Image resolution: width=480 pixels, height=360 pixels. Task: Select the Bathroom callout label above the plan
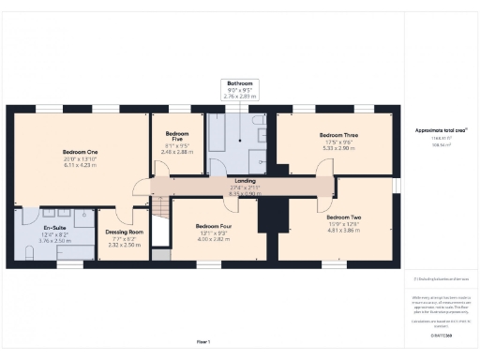point(239,83)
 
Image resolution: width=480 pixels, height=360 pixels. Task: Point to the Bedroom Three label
point(338,135)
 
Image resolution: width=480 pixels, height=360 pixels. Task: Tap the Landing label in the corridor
point(245,181)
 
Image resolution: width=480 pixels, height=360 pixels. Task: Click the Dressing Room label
point(124,232)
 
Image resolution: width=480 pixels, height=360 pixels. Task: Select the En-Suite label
point(54,226)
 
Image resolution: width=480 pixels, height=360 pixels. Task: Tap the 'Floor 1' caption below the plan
point(203,341)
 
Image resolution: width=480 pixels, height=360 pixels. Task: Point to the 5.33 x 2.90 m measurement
point(338,148)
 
